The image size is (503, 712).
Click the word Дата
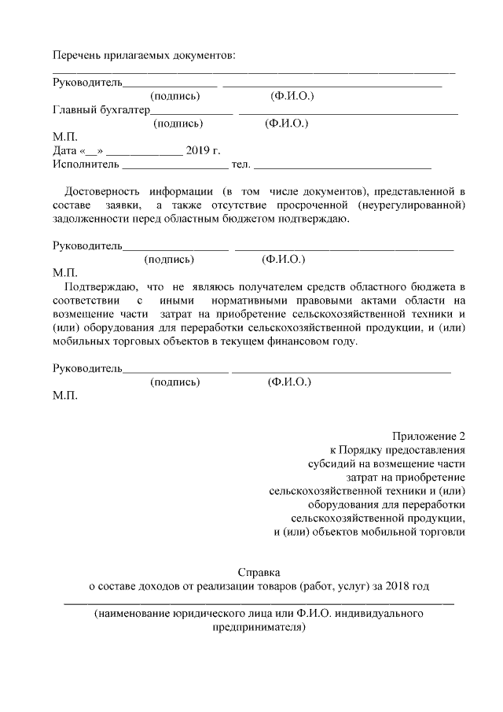click(x=64, y=150)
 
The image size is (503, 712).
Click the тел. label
click(x=240, y=164)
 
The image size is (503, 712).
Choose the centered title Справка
click(x=259, y=572)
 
